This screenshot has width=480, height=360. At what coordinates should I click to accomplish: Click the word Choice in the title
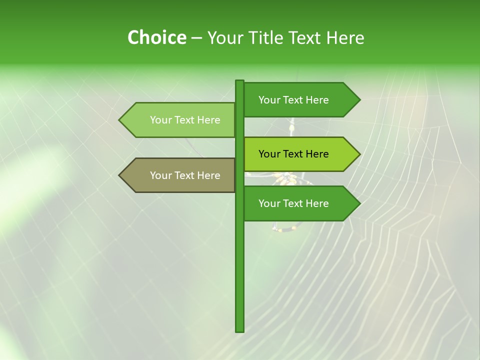(156, 38)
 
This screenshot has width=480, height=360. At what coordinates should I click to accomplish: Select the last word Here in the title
(345, 38)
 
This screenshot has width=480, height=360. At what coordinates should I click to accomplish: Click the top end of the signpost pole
(239, 81)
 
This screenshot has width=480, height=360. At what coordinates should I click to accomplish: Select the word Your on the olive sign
(160, 175)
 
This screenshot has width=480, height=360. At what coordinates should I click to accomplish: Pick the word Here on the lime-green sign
(316, 154)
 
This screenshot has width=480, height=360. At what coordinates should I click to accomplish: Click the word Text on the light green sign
(185, 120)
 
